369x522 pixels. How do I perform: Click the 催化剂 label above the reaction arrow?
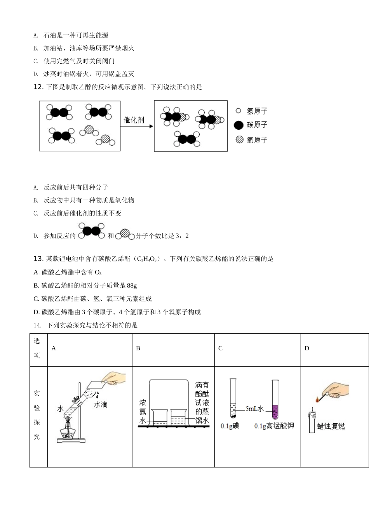click(x=134, y=120)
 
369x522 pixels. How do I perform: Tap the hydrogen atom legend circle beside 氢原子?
click(x=238, y=111)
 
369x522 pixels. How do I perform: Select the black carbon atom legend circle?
click(x=238, y=125)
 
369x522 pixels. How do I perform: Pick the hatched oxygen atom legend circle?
click(x=239, y=139)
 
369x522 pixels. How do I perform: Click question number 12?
click(x=38, y=87)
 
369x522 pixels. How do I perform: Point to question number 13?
click(x=38, y=259)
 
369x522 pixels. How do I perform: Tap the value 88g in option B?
click(x=132, y=285)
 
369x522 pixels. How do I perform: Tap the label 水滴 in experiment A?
click(x=101, y=405)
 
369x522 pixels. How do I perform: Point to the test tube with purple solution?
click(x=275, y=400)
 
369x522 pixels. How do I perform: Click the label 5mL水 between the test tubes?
click(x=254, y=409)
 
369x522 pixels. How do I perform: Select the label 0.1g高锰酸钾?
click(x=274, y=426)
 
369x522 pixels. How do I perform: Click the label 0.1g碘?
click(x=230, y=426)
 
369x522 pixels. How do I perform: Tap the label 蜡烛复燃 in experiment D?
click(x=331, y=426)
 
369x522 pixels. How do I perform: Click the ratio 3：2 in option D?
click(x=182, y=236)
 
